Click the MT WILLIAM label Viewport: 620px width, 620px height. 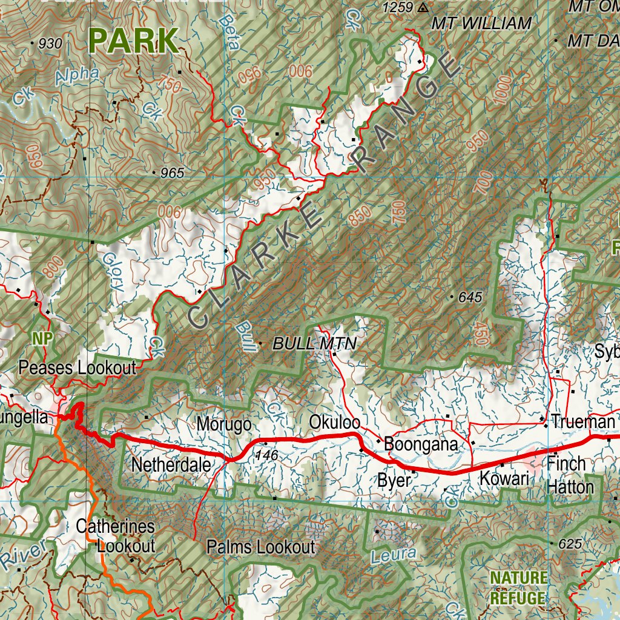coord(481,24)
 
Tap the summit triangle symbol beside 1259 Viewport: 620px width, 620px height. coord(423,8)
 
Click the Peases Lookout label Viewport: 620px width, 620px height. coord(77,368)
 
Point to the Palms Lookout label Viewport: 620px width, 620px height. coord(260,547)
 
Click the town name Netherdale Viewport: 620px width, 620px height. coord(171,466)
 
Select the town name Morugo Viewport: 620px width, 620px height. coord(224,424)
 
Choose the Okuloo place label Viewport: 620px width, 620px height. coord(334,421)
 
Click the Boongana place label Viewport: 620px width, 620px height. coord(421,444)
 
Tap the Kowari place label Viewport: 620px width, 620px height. coord(504,478)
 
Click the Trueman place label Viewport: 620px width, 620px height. coord(582,421)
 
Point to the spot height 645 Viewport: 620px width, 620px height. coord(470,297)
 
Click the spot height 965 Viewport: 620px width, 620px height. coord(172,173)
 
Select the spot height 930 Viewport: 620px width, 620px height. coord(50,44)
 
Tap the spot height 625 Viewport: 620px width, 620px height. coord(570,544)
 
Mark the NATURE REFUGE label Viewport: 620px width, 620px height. coord(518,587)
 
